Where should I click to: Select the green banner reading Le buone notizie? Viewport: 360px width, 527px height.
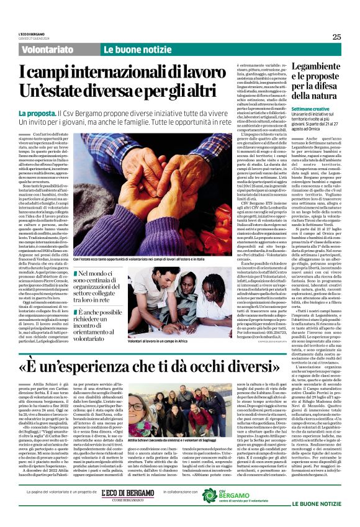130,49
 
